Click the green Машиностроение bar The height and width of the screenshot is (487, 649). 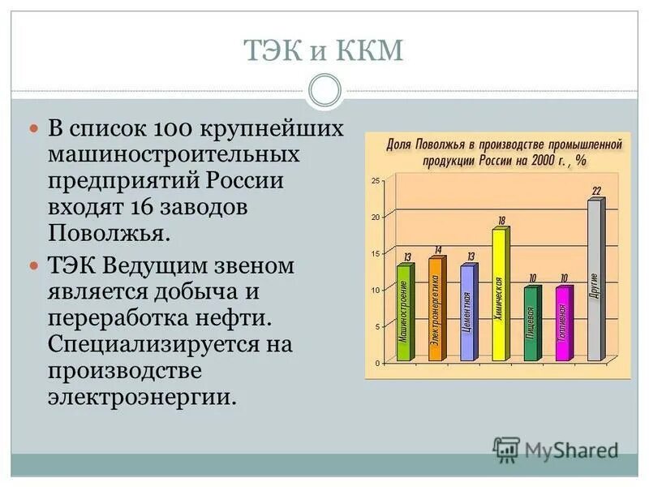pyautogui.click(x=404, y=312)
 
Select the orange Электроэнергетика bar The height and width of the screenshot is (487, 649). pyautogui.click(x=436, y=308)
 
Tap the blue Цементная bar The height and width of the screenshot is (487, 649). pyautogui.click(x=467, y=312)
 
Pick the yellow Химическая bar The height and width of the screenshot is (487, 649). pyautogui.click(x=499, y=294)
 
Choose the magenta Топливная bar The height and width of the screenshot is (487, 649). pyautogui.click(x=562, y=323)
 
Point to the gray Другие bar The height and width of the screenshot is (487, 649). pyautogui.click(x=595, y=280)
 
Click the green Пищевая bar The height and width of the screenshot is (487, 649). pyautogui.click(x=531, y=323)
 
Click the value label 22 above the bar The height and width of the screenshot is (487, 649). pyautogui.click(x=596, y=192)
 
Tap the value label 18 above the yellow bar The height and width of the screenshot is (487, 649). pyautogui.click(x=501, y=221)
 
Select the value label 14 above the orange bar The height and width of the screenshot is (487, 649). pyautogui.click(x=438, y=250)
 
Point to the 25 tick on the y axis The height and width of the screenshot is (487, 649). pyautogui.click(x=375, y=180)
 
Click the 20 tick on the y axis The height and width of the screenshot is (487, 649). pyautogui.click(x=375, y=217)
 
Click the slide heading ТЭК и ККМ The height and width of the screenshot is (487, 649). pyautogui.click(x=324, y=54)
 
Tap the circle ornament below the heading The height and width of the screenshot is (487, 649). pyautogui.click(x=324, y=90)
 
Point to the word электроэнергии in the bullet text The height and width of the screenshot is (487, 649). pyautogui.click(x=143, y=398)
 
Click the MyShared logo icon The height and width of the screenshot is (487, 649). pyautogui.click(x=506, y=449)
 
